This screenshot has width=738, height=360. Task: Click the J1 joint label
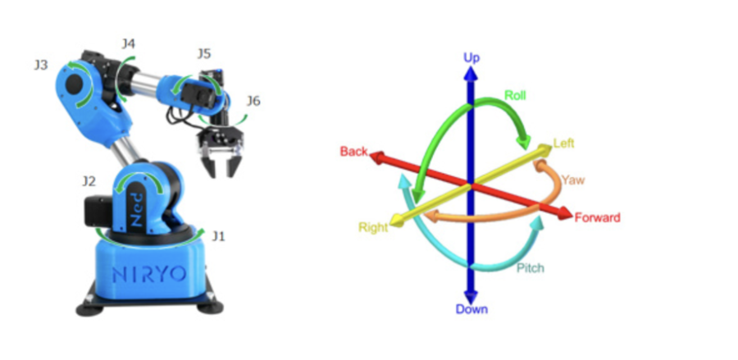coord(218,236)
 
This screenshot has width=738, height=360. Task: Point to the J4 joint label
coord(129,43)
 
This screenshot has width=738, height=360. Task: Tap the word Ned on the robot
coord(147,212)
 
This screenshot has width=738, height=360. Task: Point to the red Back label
coord(353,152)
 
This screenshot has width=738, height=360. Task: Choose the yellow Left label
coord(563,143)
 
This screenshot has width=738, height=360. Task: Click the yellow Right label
coord(372,227)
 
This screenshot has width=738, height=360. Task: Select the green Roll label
coord(515,95)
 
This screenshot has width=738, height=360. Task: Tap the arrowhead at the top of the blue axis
coord(471,71)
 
